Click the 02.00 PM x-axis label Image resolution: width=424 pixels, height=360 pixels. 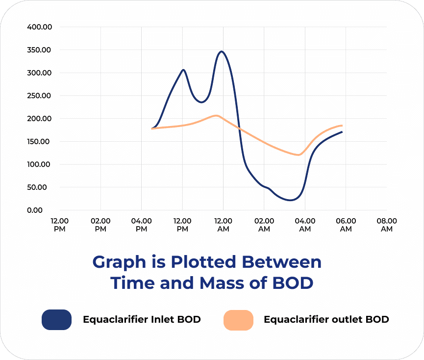tap(100, 225)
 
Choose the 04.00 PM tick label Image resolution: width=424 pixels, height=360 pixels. tap(141, 225)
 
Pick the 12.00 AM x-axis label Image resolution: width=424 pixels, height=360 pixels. tap(223, 225)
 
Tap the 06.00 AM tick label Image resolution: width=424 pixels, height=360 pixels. tap(346, 225)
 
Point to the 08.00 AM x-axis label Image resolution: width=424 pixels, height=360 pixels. tap(386, 225)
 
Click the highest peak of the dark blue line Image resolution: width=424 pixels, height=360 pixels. tap(223, 51)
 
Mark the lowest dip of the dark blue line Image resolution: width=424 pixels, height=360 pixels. tap(291, 200)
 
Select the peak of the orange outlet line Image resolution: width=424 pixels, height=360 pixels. tap(216, 116)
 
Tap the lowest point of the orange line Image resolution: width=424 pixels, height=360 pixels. tap(298, 155)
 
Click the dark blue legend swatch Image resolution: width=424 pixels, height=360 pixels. tap(57, 320)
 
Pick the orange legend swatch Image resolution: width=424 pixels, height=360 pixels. tap(238, 320)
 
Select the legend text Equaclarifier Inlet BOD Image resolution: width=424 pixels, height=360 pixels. tap(142, 320)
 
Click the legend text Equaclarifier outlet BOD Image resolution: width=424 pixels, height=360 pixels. tap(326, 320)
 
